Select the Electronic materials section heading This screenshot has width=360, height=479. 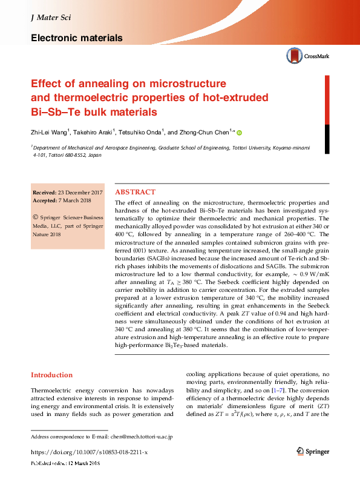coord(76,38)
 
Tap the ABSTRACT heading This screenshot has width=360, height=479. coord(134,191)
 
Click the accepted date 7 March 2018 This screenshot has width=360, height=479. coord(77,200)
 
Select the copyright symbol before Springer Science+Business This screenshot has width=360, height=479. coord(35,216)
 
